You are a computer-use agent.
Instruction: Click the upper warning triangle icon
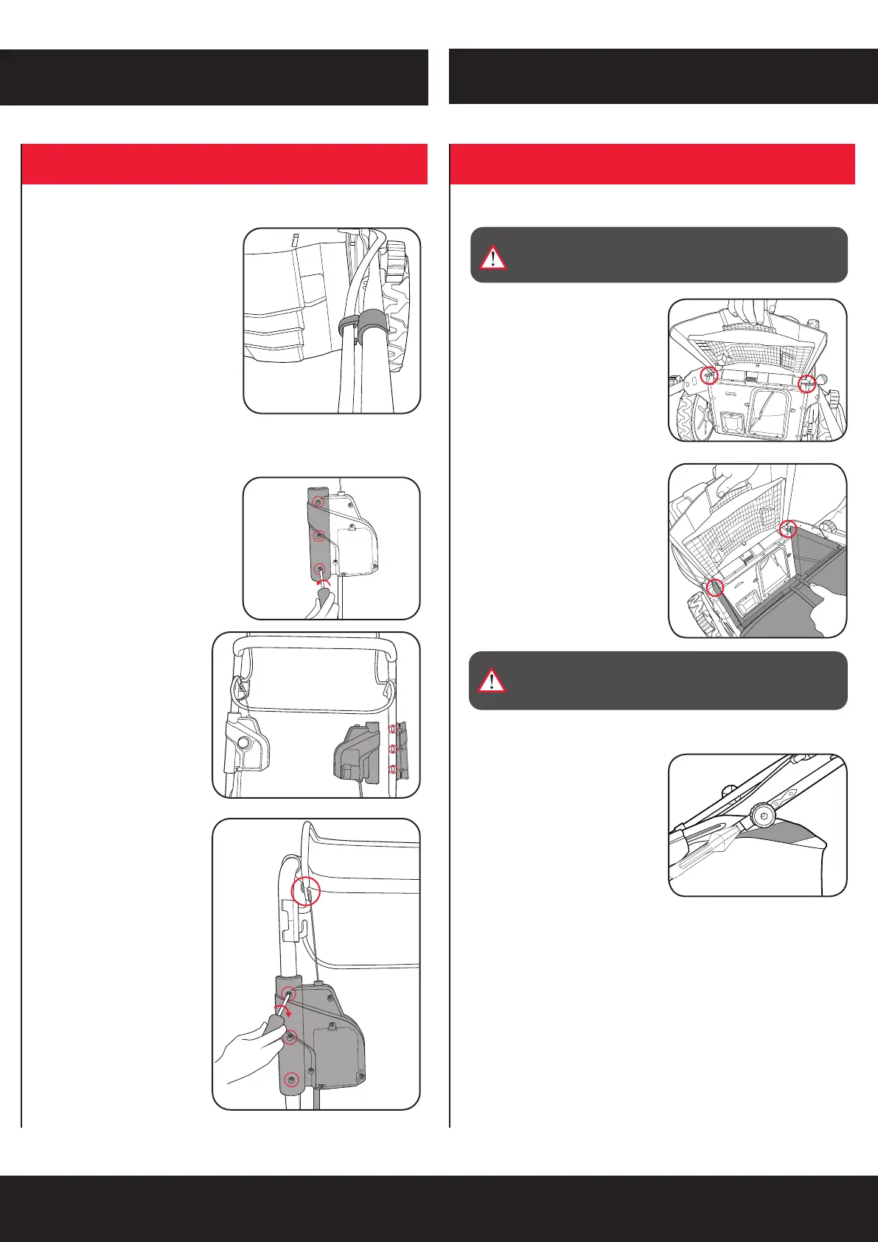pos(492,257)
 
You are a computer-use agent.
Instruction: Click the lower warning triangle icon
pos(492,681)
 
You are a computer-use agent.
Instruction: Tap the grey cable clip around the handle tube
pos(358,322)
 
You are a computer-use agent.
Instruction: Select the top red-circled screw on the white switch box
pos(318,502)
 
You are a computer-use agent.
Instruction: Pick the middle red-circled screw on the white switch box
pos(318,535)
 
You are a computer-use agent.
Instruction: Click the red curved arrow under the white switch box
pos(321,583)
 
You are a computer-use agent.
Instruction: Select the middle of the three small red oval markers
pos(392,749)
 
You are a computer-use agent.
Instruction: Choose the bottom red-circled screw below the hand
pos(293,1080)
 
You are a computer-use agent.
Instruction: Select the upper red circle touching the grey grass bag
pos(788,528)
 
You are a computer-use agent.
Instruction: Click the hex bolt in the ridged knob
pos(764,816)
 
